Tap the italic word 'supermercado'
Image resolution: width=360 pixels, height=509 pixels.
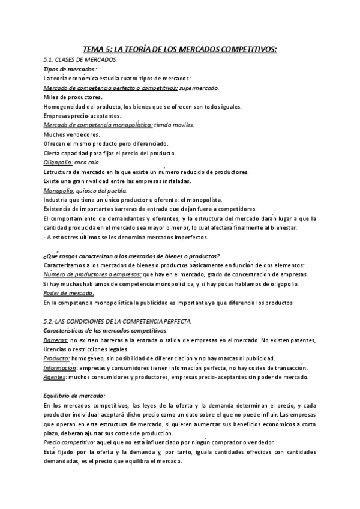click(x=199, y=88)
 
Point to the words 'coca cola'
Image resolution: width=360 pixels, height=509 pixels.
click(x=88, y=162)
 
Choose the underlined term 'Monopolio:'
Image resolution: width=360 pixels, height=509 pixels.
click(x=59, y=190)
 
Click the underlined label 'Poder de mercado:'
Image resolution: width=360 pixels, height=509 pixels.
click(x=69, y=293)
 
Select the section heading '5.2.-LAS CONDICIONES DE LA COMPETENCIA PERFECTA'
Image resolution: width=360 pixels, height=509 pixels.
click(x=118, y=321)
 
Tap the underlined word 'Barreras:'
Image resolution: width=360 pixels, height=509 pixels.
click(x=56, y=340)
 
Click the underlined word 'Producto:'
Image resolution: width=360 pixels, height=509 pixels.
click(x=57, y=358)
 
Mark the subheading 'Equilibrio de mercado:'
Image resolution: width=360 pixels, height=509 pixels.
click(x=75, y=396)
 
